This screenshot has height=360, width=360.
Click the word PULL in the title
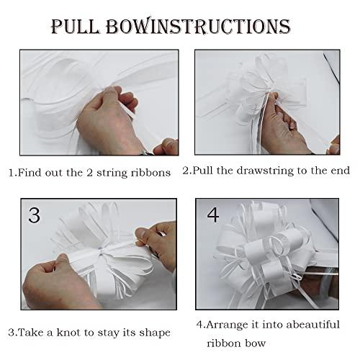tap(75, 26)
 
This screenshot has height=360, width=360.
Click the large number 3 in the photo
tap(35, 215)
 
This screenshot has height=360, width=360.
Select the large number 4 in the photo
tap(213, 215)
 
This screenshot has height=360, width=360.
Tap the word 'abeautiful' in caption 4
tap(313, 325)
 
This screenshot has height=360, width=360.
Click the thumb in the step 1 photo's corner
tap(166, 146)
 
